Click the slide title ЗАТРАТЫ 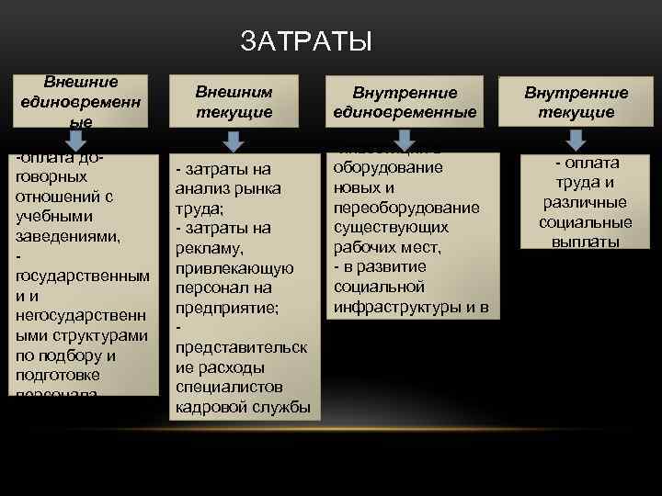coord(306,41)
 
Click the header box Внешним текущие coord(234,101)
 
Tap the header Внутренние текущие coord(576,102)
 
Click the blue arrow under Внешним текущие coord(234,140)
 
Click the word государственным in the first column coord(82,276)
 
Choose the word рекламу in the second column coord(211,248)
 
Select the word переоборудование coord(404,207)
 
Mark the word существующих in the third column coord(392,226)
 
